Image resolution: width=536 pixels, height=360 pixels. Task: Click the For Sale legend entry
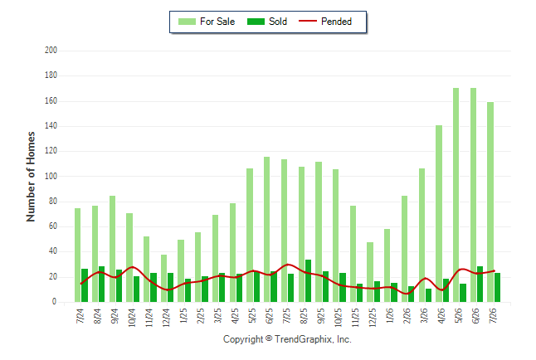coord(207,22)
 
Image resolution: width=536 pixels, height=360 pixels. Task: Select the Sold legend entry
coord(267,22)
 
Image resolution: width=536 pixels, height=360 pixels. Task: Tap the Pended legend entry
coord(325,22)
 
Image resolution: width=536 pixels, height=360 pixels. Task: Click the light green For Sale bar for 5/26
coord(456,195)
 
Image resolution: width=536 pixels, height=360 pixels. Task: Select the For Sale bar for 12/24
coord(163,278)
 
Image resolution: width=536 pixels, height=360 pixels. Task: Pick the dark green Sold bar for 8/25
coord(308,280)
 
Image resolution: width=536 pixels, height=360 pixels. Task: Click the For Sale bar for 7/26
coord(490,202)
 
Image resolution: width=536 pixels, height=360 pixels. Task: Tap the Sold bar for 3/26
coord(428,295)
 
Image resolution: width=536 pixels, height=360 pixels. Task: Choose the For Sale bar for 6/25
coord(266,230)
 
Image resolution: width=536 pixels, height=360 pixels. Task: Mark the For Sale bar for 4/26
coord(439,214)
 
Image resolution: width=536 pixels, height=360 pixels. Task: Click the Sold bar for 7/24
coord(85,285)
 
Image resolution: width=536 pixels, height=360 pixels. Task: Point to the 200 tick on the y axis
coord(51,51)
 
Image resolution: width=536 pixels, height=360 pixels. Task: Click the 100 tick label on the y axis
coord(51,176)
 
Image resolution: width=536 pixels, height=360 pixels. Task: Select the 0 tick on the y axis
coord(54,302)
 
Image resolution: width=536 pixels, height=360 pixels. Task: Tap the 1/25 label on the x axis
coord(183,316)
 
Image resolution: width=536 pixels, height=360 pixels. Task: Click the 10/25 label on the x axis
coord(338,318)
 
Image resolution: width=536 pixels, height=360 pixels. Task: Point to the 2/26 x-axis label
coord(407,316)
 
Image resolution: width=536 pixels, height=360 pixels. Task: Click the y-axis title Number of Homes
coord(31,177)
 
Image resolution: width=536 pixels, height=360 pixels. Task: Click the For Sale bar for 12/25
coord(370,272)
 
